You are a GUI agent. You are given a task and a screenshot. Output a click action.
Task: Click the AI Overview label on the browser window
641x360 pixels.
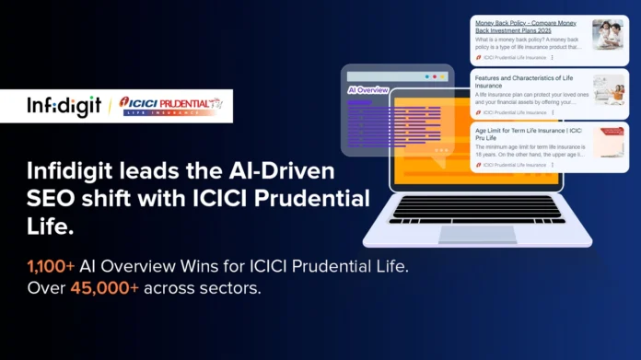[x=367, y=91]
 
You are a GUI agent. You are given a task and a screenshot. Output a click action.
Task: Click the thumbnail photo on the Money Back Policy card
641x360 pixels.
[x=608, y=34]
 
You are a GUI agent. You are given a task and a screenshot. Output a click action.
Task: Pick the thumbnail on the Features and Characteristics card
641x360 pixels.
[x=608, y=89]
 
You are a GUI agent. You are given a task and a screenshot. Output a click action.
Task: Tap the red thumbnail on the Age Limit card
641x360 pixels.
[x=608, y=142]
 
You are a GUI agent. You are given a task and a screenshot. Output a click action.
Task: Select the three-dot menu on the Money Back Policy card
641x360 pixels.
[x=552, y=58]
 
